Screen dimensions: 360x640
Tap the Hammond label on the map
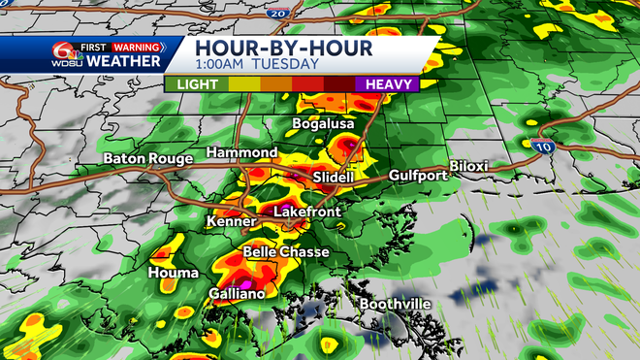tap(243, 153)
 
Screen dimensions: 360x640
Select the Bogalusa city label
tap(324, 125)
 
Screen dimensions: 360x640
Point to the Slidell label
tap(336, 178)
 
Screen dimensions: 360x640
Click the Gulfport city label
tap(418, 176)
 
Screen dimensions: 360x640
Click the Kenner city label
tap(231, 222)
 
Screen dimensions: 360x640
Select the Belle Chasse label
tap(285, 252)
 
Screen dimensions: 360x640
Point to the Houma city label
tap(173, 274)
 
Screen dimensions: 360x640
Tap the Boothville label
tap(395, 304)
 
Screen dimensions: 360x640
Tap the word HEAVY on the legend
tap(392, 83)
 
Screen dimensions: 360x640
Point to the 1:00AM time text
tap(222, 64)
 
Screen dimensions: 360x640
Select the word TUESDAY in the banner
tap(287, 64)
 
